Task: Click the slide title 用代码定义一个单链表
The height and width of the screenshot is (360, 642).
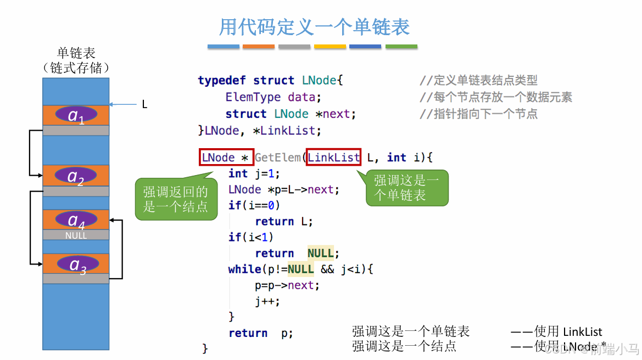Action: pos(315,26)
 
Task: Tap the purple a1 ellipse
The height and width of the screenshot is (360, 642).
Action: pos(76,115)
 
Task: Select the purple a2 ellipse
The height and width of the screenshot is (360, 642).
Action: pos(76,176)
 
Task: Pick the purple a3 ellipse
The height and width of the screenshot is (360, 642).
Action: pos(76,264)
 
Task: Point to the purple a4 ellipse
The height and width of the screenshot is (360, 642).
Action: pos(76,220)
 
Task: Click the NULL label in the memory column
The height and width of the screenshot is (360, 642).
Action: pos(76,235)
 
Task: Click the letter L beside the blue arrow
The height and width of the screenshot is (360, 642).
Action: pos(144,104)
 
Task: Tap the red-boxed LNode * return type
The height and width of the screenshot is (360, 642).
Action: pos(226,158)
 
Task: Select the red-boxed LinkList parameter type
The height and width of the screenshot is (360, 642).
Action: pos(333,158)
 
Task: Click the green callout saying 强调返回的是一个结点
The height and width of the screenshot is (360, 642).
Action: pos(175,199)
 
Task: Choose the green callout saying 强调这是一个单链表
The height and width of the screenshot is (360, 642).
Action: pos(406,188)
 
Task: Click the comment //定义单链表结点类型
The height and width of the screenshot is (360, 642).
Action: pos(478,81)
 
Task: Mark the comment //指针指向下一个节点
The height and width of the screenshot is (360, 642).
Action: pos(478,114)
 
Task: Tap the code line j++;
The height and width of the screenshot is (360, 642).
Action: pos(267,301)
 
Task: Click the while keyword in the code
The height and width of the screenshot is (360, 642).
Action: pos(244,269)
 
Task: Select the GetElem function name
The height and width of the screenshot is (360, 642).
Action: pos(277,158)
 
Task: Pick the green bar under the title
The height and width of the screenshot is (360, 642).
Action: pos(401,47)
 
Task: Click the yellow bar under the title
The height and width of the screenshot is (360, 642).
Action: pos(330,47)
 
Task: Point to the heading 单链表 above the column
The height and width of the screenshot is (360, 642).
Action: pos(76,53)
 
